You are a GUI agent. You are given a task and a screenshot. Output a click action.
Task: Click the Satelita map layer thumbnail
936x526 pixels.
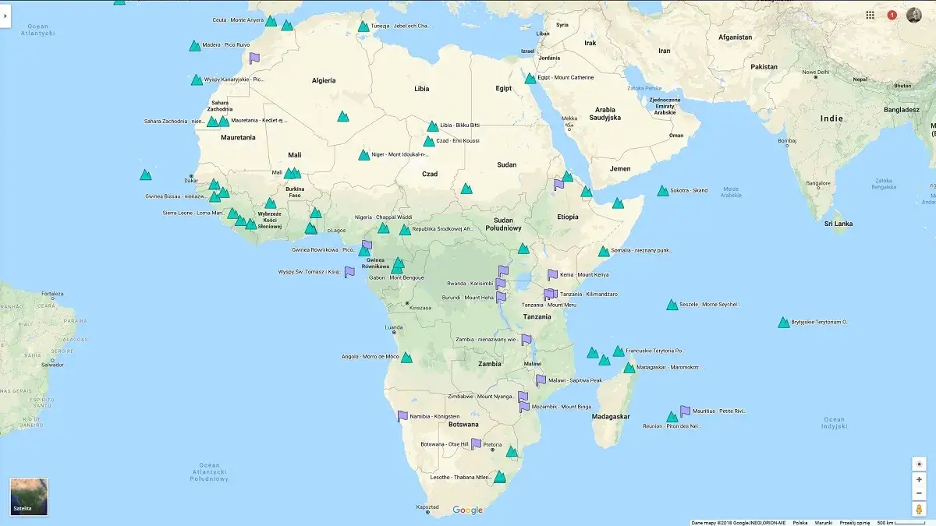tap(29, 496)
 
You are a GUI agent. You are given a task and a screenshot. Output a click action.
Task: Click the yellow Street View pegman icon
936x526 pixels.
tap(919, 509)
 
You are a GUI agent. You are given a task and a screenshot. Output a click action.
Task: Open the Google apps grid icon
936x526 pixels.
tap(870, 15)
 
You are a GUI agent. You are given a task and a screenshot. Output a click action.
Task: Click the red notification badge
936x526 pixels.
tap(892, 15)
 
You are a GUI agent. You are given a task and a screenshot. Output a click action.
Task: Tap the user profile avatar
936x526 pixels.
tap(914, 15)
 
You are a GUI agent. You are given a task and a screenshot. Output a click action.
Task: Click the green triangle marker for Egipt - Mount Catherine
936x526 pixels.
tap(530, 78)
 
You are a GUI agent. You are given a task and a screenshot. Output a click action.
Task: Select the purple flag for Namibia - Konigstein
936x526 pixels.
tap(402, 416)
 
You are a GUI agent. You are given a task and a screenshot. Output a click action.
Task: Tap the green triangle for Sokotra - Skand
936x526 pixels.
tap(663, 191)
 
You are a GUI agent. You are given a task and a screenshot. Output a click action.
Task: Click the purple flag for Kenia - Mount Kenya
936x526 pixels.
tap(552, 275)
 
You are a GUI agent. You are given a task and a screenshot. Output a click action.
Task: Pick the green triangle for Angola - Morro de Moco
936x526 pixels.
tap(406, 357)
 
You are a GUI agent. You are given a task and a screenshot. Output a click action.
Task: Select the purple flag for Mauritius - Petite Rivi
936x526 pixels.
tap(685, 411)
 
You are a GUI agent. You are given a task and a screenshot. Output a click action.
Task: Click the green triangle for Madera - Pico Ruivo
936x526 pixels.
tap(194, 46)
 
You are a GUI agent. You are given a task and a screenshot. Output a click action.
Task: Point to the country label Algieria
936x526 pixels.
tap(324, 80)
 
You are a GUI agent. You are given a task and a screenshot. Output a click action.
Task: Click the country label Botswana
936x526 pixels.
tap(463, 425)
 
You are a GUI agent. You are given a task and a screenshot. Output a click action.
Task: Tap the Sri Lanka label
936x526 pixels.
tap(838, 224)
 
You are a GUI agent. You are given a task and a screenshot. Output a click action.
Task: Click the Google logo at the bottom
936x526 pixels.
tap(468, 510)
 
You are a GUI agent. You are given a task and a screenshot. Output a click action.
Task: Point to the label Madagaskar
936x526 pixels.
tap(611, 417)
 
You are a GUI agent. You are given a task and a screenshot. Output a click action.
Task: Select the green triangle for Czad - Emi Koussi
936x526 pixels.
tap(429, 141)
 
